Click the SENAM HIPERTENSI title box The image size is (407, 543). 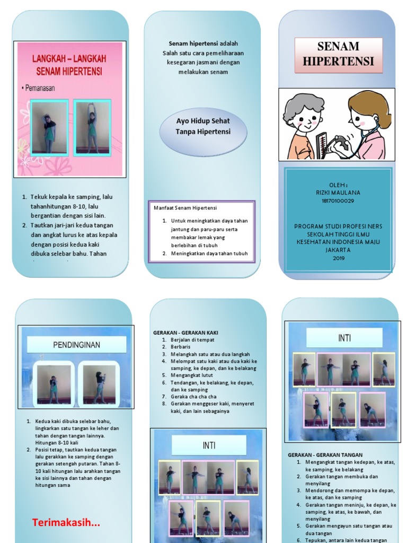click(x=338, y=53)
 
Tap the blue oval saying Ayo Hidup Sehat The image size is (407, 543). click(x=203, y=126)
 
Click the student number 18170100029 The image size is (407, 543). click(x=338, y=201)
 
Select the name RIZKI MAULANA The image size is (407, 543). click(x=338, y=193)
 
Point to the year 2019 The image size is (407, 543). click(x=338, y=258)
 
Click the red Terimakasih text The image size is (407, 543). click(x=66, y=523)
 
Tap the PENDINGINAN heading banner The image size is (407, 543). click(x=77, y=345)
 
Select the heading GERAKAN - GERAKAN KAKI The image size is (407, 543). click(x=185, y=332)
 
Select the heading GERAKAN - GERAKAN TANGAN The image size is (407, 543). click(x=325, y=455)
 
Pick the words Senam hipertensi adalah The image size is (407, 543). click(x=193, y=43)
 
